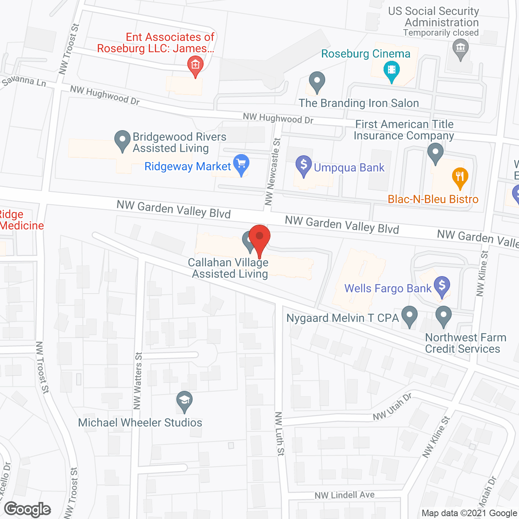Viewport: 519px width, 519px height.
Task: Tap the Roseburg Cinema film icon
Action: [391, 69]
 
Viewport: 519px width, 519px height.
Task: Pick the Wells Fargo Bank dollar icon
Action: [442, 285]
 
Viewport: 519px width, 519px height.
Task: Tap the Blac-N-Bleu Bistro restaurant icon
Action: [460, 176]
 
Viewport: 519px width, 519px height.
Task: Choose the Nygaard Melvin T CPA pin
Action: [410, 315]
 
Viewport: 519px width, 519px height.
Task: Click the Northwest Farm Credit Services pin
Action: [444, 315]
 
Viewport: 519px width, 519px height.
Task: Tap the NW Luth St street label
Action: [279, 434]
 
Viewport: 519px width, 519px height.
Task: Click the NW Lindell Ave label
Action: [345, 495]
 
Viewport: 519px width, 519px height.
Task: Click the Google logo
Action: [28, 509]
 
